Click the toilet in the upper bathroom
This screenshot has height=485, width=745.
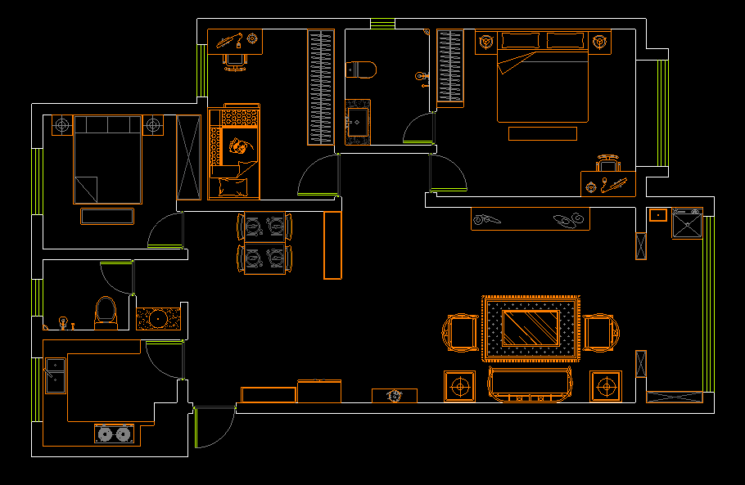pos(361,70)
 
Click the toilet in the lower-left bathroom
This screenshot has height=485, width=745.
pos(106,312)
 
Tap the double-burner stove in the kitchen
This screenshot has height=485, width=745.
pos(114,433)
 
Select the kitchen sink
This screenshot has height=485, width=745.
pos(55,375)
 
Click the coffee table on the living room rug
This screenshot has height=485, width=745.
pos(530,327)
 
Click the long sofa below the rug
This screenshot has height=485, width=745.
pos(530,384)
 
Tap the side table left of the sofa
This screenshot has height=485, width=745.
pos(459,384)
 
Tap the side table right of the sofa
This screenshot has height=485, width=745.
pos(606,384)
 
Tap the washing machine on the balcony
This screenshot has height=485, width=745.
pos(687,222)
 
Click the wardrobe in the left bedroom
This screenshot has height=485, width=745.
pos(188,158)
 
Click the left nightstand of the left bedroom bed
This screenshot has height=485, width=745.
pos(62,126)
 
